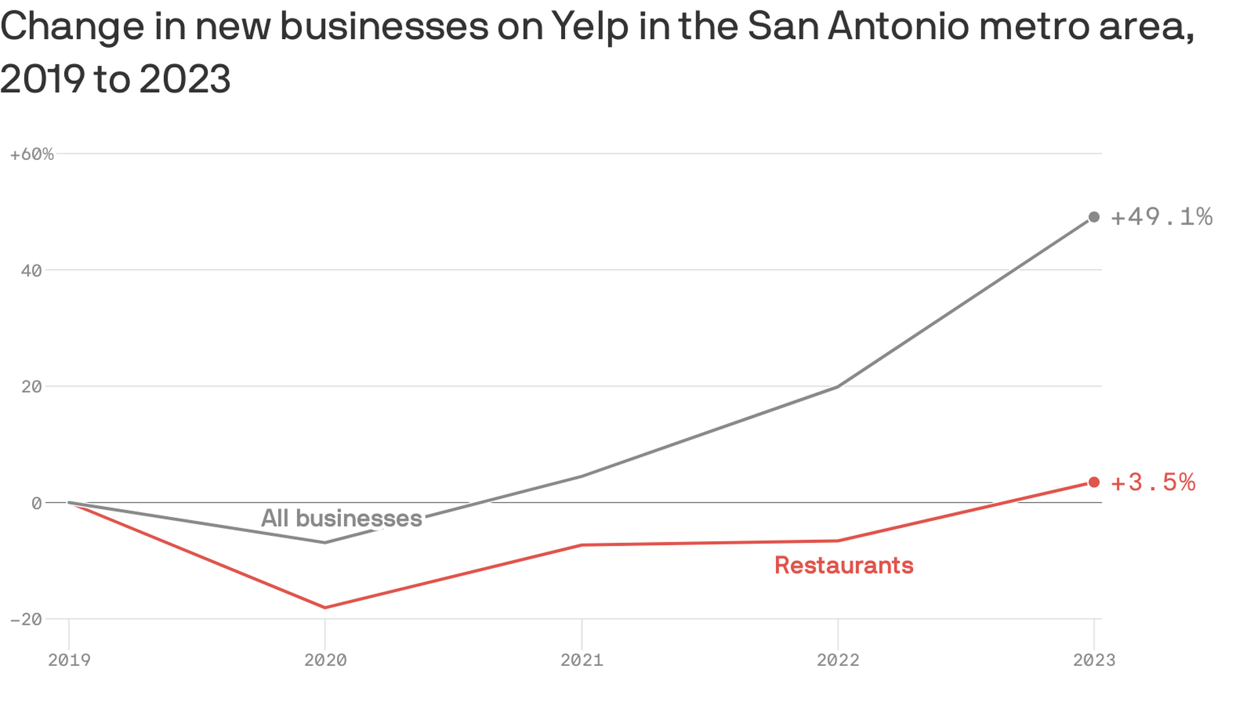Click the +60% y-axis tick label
(32, 155)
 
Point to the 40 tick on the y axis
(31, 271)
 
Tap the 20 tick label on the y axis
(31, 387)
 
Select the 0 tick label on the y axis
(37, 503)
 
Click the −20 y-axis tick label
(27, 619)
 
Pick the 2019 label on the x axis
(69, 660)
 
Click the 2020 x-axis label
(325, 660)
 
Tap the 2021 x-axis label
(582, 660)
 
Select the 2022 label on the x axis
(838, 660)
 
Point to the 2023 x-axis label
(1094, 660)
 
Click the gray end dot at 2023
(1094, 217)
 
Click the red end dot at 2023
(1094, 482)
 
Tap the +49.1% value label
(1161, 217)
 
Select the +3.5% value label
(1153, 482)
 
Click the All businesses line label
(342, 518)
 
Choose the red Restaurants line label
(844, 565)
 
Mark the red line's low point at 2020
(325, 608)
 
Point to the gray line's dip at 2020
(325, 542)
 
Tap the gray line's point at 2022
(838, 387)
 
